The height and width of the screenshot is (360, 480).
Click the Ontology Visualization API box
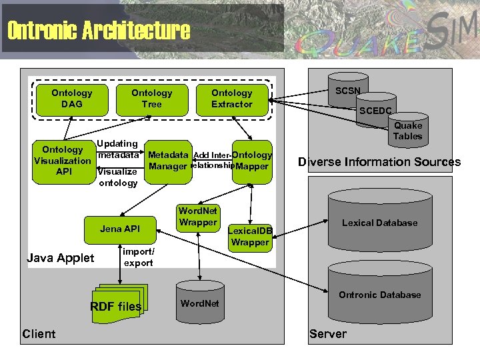(x=63, y=161)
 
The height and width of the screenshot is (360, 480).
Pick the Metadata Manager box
(x=168, y=161)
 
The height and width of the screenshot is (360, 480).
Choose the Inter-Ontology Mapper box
(x=252, y=161)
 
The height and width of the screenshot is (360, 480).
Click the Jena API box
(x=120, y=229)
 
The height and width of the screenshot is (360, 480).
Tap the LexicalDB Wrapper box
(x=250, y=236)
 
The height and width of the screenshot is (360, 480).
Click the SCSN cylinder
(x=347, y=91)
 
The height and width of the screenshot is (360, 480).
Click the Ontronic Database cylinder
(x=379, y=294)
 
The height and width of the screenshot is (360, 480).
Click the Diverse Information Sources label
(x=379, y=162)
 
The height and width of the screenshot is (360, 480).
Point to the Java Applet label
(x=60, y=258)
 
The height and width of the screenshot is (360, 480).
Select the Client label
(x=39, y=333)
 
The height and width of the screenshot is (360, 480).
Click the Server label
(x=328, y=333)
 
